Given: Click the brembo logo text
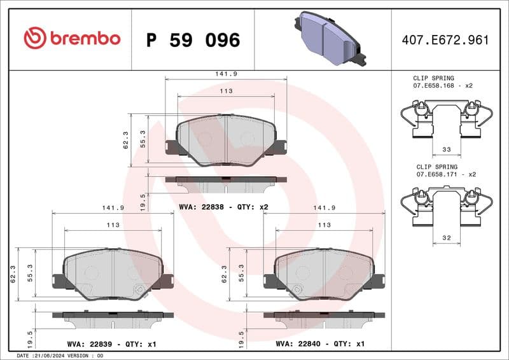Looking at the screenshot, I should point(84,39).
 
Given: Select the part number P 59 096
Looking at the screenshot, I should point(193,40).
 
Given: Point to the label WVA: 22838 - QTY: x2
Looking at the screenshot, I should point(223,207).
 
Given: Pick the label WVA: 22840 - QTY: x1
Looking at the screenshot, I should point(320,343).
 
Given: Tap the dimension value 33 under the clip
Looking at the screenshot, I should point(445,150).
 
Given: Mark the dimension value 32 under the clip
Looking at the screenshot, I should point(445,239).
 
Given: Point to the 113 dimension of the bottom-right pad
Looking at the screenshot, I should point(324,225).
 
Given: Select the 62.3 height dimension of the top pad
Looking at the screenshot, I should point(126,140).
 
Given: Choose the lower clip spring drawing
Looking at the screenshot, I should point(445,207).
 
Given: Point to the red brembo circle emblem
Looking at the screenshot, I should point(33,39).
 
